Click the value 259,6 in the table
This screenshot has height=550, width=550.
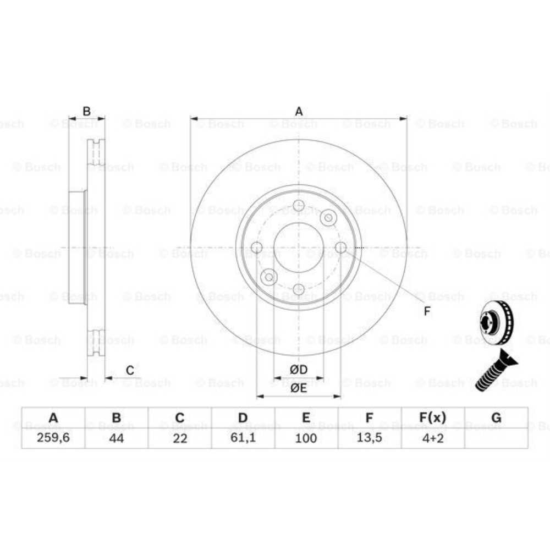(x=53, y=438)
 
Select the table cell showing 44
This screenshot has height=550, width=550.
(x=116, y=438)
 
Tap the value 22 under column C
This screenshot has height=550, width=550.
(x=179, y=438)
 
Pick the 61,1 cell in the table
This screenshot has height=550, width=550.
(x=243, y=438)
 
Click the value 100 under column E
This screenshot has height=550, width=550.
(x=306, y=438)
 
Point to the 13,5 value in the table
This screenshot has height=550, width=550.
(x=369, y=438)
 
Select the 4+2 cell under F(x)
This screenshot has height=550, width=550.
(x=432, y=438)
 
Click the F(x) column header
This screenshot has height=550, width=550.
(x=432, y=418)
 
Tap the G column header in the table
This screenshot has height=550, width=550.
(x=496, y=418)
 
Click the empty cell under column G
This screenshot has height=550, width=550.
(x=496, y=438)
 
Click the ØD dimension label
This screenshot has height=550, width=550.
(x=299, y=369)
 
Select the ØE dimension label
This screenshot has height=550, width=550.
(x=299, y=388)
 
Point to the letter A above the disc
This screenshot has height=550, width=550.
(x=299, y=112)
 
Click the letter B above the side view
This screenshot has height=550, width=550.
(x=86, y=112)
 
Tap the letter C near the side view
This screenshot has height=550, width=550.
(x=130, y=370)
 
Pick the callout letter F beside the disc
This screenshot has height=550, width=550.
(x=427, y=311)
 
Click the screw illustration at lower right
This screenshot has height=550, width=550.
(x=494, y=372)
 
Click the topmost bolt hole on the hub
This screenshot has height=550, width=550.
(x=299, y=206)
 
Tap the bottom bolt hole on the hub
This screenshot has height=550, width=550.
(x=299, y=289)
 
